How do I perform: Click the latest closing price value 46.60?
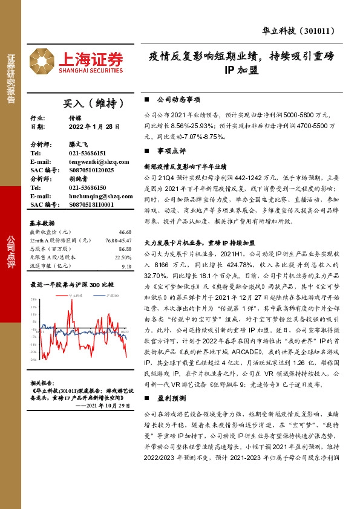(125, 232)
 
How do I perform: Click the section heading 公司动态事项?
(178, 99)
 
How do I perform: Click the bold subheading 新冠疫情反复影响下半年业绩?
(185, 166)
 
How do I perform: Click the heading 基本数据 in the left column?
(42, 222)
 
